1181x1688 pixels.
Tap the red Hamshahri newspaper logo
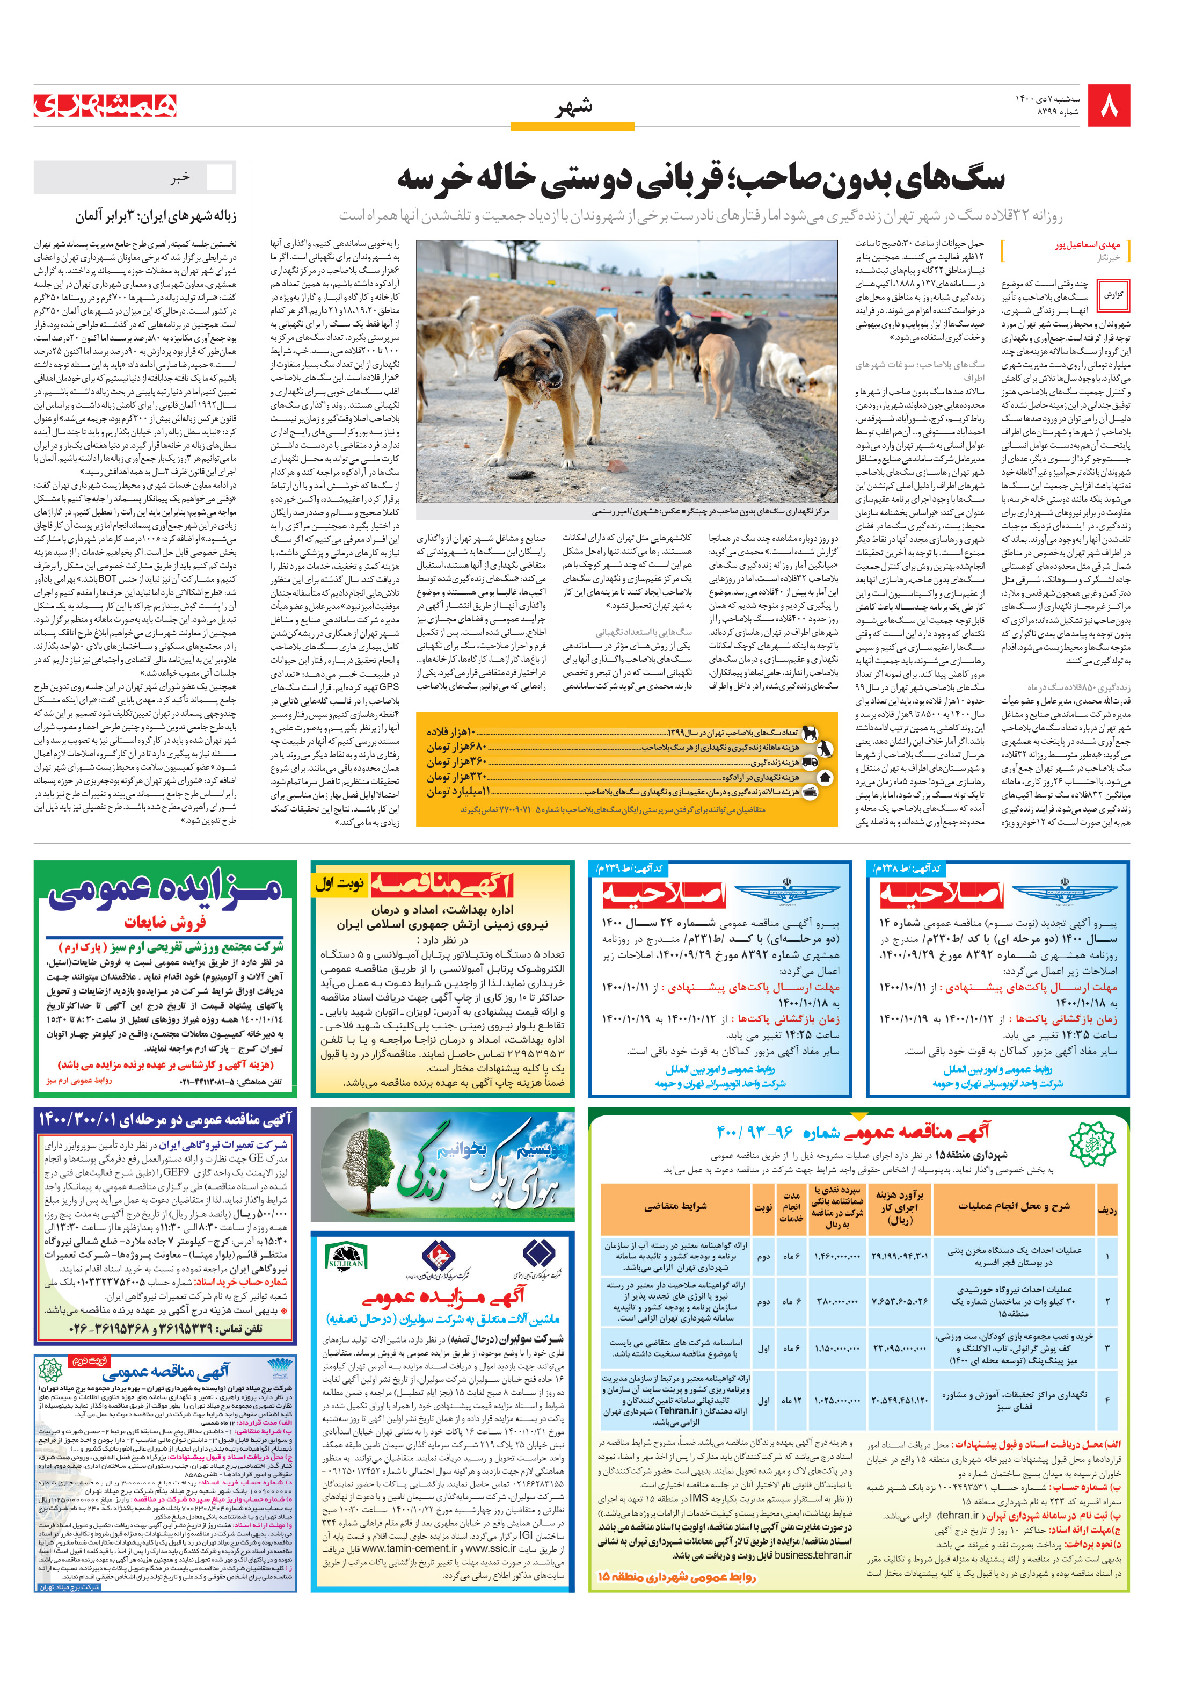click(106, 105)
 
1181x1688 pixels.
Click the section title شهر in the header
click(574, 108)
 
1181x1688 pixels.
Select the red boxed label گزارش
click(1113, 295)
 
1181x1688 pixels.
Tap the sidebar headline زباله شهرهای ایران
click(155, 217)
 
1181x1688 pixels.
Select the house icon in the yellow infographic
click(824, 777)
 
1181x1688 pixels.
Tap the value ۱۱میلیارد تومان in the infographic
click(458, 792)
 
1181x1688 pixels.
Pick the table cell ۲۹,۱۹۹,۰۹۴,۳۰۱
click(899, 1256)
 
